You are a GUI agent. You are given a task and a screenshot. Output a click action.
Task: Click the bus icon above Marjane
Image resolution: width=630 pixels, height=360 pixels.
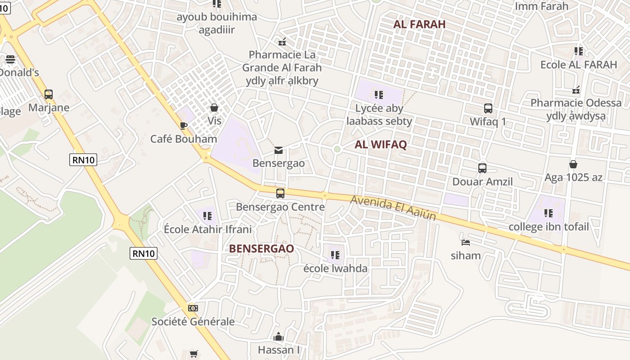[48, 94]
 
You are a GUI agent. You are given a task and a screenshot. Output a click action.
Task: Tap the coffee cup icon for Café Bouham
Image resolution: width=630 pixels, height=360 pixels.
[183, 126]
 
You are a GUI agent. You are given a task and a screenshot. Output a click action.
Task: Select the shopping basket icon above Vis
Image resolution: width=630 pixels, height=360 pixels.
[214, 108]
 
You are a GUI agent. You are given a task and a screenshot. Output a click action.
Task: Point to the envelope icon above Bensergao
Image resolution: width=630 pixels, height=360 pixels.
[279, 150]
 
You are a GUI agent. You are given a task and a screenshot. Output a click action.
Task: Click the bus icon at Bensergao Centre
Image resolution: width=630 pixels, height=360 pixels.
[280, 193]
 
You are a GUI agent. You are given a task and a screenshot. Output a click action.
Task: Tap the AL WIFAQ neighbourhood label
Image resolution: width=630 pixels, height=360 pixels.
[381, 144]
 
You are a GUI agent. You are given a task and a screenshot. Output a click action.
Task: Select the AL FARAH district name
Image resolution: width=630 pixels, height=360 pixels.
[419, 24]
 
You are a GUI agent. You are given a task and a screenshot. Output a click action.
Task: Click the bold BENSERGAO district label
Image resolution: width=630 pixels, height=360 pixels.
[261, 248]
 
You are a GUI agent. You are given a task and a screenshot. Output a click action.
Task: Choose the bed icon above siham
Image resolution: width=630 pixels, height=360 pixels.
[466, 242]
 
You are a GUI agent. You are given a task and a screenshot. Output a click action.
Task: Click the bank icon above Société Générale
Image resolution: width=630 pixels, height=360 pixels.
[193, 308]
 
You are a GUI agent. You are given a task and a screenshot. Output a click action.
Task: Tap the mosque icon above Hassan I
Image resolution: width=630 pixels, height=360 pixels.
[279, 337]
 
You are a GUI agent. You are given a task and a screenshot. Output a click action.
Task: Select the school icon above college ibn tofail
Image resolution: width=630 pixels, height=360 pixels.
[548, 213]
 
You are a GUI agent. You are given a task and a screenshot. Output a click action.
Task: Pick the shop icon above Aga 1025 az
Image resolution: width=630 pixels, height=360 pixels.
[573, 164]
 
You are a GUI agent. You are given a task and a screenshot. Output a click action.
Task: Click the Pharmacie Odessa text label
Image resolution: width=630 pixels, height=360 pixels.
[576, 103]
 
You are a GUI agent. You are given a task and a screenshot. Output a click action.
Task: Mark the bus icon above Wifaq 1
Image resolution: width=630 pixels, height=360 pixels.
[488, 108]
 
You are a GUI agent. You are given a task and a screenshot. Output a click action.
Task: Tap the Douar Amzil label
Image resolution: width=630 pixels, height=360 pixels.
[482, 182]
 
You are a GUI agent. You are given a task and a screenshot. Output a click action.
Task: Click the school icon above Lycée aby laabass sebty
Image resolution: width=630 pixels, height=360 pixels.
[378, 95]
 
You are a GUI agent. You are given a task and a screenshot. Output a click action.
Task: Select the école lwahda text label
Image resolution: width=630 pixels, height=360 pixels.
[335, 269]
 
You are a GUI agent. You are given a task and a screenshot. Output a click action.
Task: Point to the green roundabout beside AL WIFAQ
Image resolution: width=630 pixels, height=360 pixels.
[337, 149]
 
